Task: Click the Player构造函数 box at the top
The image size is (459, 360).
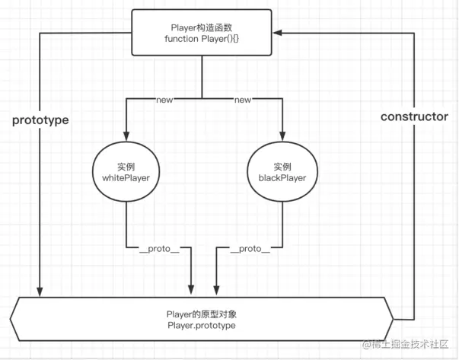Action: coord(201,32)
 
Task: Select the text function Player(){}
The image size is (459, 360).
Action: coord(201,38)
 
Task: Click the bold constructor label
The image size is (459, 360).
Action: coord(414,116)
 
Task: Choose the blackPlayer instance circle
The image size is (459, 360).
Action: coord(282,173)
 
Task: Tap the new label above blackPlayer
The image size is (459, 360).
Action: coord(243,100)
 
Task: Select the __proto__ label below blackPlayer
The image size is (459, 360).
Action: coord(249,249)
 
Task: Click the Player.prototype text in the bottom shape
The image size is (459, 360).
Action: coord(201,325)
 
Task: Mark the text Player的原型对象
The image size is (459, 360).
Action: coord(201,314)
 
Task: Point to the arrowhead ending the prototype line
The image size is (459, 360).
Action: coord(38,292)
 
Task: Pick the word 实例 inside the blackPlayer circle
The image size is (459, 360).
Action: coord(282,167)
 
